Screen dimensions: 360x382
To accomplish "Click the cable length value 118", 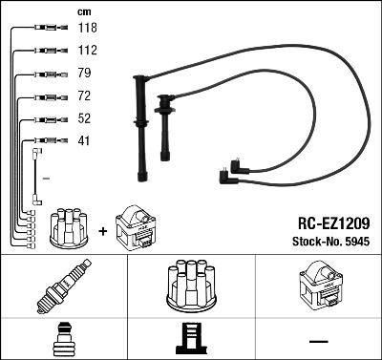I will click(x=87, y=29).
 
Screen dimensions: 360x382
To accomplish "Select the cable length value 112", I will click(x=87, y=51).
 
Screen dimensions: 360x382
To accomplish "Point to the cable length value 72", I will click(x=84, y=97).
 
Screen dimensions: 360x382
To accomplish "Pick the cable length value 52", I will click(x=84, y=120).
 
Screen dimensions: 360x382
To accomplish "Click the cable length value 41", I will click(x=84, y=142).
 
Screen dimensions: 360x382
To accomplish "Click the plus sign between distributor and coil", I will click(x=103, y=230).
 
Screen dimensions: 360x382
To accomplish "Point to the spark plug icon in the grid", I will click(x=64, y=285).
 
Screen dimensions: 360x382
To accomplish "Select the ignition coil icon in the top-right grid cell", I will click(x=317, y=285).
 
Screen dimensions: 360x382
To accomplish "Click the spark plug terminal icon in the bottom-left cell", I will click(x=63, y=341).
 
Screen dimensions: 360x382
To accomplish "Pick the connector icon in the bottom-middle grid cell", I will click(x=190, y=341).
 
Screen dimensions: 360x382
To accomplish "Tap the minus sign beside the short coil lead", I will click(x=46, y=178).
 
